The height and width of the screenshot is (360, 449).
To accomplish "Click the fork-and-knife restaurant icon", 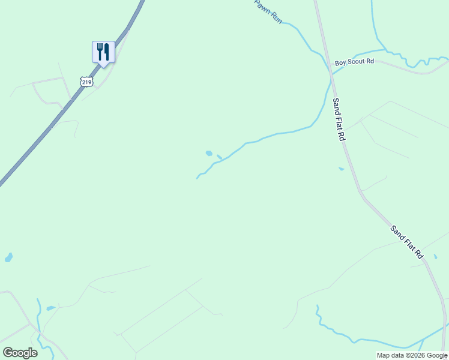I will (x=103, y=52).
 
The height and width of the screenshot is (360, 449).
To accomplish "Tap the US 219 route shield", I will (x=86, y=81).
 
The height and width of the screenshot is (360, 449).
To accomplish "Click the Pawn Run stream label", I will (x=268, y=11).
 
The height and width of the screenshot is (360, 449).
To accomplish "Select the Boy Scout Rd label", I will (x=354, y=62).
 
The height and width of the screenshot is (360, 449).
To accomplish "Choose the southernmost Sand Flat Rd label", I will (x=407, y=242).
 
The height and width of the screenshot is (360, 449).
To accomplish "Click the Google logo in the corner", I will (x=20, y=353).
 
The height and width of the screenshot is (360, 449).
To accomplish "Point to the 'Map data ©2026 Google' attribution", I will (x=412, y=355).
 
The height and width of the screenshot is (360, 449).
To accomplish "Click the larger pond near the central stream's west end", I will (x=209, y=153).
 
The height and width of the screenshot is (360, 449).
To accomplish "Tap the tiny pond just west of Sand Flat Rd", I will (x=341, y=169).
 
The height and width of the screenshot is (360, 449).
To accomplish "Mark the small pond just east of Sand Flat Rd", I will (x=435, y=257).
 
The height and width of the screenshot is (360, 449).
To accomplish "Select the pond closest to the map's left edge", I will (x=8, y=257).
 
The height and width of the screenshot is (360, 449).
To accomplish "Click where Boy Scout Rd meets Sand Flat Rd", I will (x=330, y=75).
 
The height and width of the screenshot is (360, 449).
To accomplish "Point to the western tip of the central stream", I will (x=197, y=178).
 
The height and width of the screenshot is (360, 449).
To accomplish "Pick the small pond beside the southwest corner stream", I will (x=50, y=308).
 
